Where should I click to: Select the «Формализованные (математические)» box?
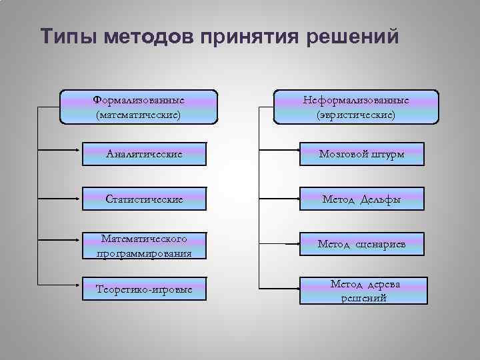coord(139,107)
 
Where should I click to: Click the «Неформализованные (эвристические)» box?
coord(356,107)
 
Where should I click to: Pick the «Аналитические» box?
coord(145,154)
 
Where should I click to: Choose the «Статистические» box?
coord(145,199)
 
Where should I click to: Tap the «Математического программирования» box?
coord(145,245)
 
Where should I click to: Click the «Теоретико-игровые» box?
coord(145,290)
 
